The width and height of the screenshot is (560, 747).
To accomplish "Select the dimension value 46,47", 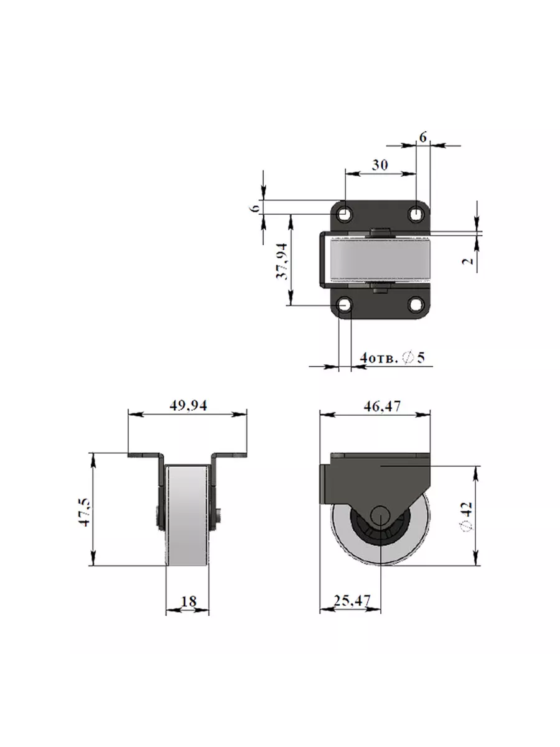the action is pyautogui.click(x=375, y=406).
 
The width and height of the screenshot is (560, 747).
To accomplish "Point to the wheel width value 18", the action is pyautogui.click(x=188, y=601).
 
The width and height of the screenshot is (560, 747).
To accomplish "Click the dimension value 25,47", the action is pyautogui.click(x=352, y=601).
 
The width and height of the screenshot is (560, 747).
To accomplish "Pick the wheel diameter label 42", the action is pyautogui.click(x=469, y=516).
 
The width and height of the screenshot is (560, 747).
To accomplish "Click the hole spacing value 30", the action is pyautogui.click(x=380, y=165).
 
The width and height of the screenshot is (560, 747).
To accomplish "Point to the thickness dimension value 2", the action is pyautogui.click(x=470, y=258).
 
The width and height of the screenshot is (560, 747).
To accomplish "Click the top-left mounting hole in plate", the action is pyautogui.click(x=345, y=214).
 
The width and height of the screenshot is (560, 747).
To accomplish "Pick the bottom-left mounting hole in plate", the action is pyautogui.click(x=345, y=305).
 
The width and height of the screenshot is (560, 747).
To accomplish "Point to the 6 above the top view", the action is pyautogui.click(x=422, y=138).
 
